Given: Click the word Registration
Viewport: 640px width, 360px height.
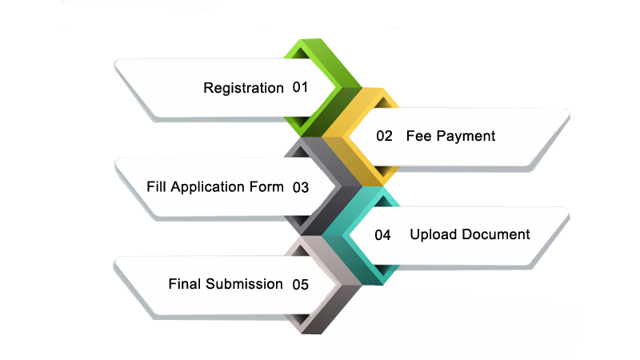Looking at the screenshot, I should (243, 88).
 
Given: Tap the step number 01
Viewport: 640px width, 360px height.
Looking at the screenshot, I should (300, 87).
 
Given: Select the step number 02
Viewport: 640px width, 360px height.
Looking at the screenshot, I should (385, 136).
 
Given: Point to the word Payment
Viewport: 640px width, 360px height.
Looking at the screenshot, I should (466, 137).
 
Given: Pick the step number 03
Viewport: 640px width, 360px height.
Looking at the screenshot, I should (301, 188).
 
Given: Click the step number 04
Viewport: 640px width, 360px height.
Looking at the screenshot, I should (382, 235).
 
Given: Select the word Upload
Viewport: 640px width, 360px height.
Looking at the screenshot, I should (432, 234).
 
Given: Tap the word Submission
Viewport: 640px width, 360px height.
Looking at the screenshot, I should (243, 284).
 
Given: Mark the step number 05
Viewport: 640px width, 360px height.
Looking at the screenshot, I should (300, 284).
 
